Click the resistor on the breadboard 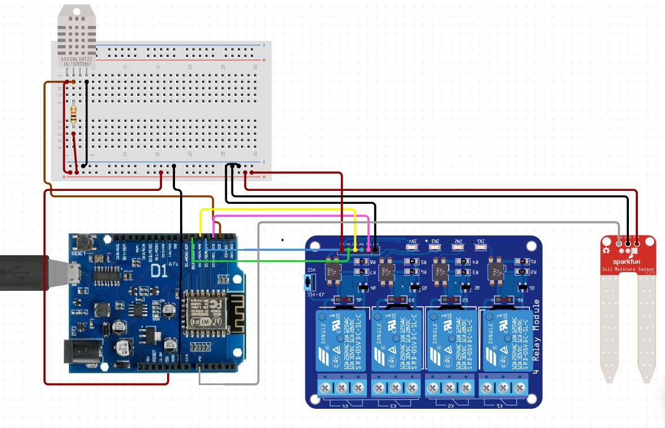[x=74, y=112]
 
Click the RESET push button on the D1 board [x=86, y=243]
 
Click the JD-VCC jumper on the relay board [x=309, y=281]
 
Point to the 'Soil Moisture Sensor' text [x=628, y=270]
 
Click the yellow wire [x=282, y=210]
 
